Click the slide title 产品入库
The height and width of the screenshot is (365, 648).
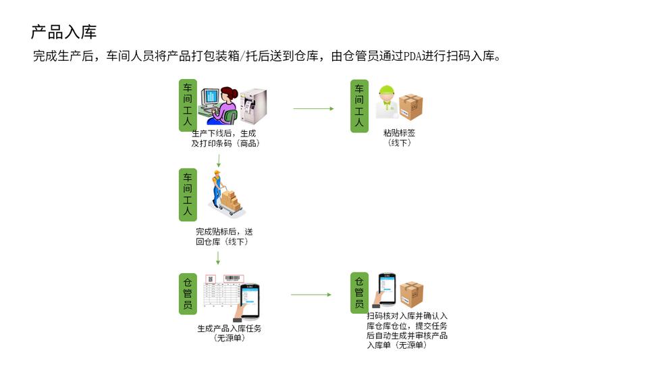coord(64,32)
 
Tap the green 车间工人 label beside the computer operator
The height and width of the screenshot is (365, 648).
coord(188,105)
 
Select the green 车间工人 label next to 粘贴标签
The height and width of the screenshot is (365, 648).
coord(359,105)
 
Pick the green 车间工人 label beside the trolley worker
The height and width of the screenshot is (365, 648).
coord(188,195)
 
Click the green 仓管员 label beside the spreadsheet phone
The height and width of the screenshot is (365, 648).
coord(188,293)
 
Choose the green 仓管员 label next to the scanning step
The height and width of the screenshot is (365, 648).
coord(359,293)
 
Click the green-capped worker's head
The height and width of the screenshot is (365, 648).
coord(387,93)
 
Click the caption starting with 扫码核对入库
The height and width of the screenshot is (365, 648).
coord(407,331)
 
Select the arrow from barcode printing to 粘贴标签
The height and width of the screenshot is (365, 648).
coord(313,108)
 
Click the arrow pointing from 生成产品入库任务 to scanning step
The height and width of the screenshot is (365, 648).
coord(310,294)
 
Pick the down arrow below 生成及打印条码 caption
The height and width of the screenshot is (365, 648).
coord(219,161)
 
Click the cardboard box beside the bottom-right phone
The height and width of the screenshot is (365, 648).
coord(411,294)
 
